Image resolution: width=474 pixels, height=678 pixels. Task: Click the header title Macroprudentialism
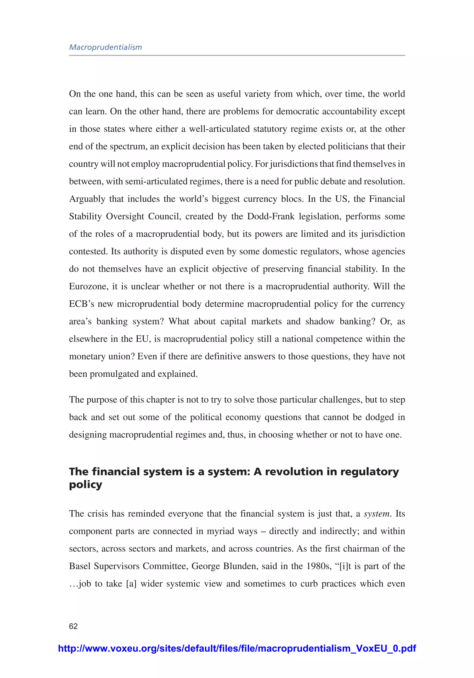[106, 47]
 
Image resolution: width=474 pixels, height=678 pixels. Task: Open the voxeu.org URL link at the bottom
[237, 648]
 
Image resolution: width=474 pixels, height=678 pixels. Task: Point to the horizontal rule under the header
[237, 55]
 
